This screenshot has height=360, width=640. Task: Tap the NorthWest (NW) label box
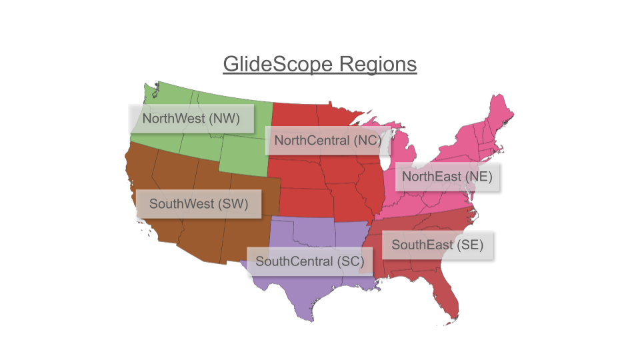pyautogui.click(x=192, y=119)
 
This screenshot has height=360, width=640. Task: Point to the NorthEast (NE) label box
pyautogui.click(x=447, y=177)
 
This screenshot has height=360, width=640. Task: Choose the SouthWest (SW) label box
pyautogui.click(x=199, y=204)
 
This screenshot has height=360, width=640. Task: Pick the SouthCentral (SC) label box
pyautogui.click(x=309, y=261)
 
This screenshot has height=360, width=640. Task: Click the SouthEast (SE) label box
pyautogui.click(x=437, y=245)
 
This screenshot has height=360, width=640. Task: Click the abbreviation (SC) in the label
pyautogui.click(x=350, y=261)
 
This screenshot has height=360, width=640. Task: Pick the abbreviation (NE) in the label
pyautogui.click(x=479, y=177)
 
